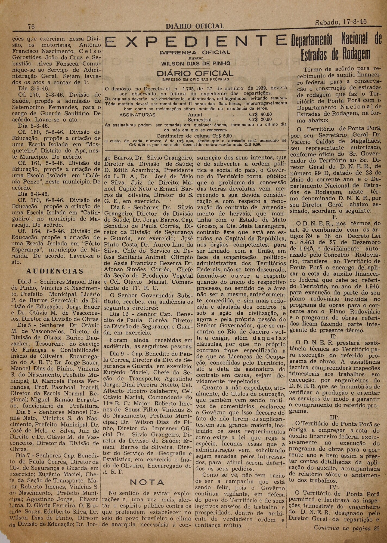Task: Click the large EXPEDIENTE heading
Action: coord(195,42)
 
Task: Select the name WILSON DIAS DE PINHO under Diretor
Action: coord(196,63)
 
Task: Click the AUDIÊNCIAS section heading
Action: coord(55,271)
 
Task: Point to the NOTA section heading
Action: coord(147,482)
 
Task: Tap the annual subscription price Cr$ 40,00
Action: coord(260,115)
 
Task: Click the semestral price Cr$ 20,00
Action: coord(260,119)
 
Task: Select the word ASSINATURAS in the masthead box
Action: coord(137,115)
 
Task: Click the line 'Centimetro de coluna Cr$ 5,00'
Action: coord(194,136)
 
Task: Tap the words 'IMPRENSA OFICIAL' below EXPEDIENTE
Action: coord(195,52)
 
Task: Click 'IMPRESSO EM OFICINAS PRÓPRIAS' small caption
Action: coord(195,79)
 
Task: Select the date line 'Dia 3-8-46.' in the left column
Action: coord(34,88)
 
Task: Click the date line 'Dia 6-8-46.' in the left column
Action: coord(34,194)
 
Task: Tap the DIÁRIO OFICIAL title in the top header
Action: coord(195,26)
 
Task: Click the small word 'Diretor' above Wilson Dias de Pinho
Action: coord(196,58)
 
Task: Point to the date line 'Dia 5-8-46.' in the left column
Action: coord(34,126)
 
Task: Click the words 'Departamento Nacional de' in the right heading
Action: coord(336,41)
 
